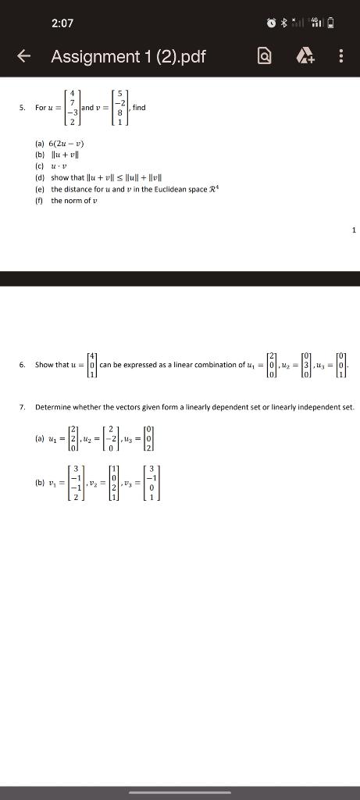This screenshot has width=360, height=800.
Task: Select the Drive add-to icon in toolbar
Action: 303,56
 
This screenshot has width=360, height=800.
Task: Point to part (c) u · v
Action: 56,166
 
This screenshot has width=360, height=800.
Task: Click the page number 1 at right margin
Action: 353,230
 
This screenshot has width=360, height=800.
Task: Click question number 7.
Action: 23,407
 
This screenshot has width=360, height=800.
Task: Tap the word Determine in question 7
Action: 54,407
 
